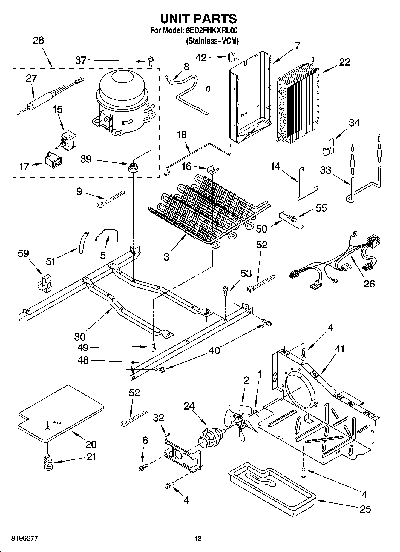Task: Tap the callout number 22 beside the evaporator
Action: click(x=344, y=62)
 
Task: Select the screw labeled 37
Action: click(x=150, y=61)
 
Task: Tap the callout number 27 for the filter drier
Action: click(x=31, y=78)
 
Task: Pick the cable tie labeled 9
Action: click(x=111, y=199)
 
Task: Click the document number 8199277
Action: click(x=25, y=538)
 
